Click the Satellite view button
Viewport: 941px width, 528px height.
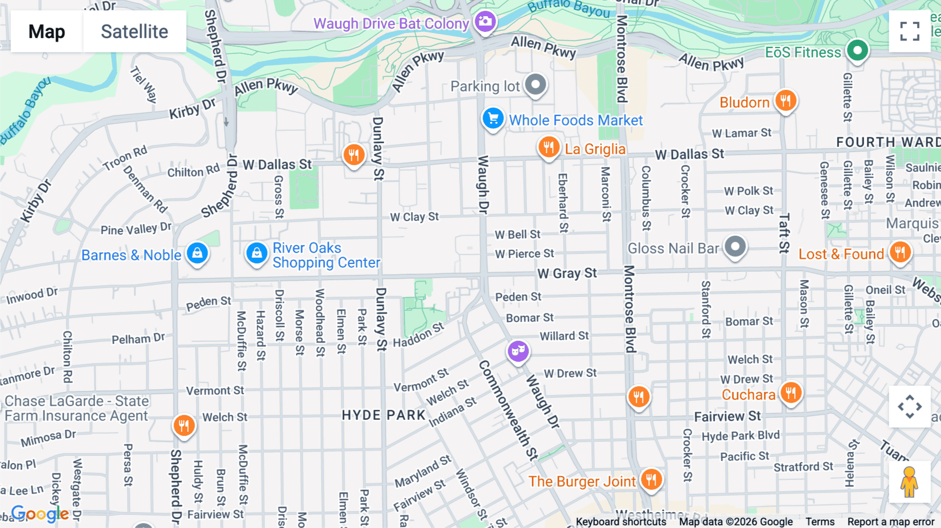(x=134, y=31)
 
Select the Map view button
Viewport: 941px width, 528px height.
(x=47, y=31)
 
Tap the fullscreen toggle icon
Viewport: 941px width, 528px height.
(x=910, y=31)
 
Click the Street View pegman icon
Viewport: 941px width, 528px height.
(x=909, y=482)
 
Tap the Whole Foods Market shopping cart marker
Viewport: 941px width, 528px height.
(x=492, y=119)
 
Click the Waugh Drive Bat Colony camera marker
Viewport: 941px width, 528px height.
(x=485, y=22)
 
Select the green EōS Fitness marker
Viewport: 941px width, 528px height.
(x=857, y=51)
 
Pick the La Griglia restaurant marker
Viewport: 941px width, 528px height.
(x=548, y=147)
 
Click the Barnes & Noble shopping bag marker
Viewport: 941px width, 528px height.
(x=197, y=254)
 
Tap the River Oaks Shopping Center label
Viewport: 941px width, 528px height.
(x=326, y=255)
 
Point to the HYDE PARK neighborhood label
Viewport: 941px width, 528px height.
(x=384, y=415)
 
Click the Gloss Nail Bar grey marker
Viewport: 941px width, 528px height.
(x=735, y=247)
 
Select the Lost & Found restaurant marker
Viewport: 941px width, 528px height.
(x=900, y=252)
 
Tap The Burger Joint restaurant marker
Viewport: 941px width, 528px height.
(x=651, y=479)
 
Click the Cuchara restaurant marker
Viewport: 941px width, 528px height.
(x=791, y=392)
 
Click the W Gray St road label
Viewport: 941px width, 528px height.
(x=567, y=273)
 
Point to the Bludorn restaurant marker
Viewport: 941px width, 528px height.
(x=785, y=100)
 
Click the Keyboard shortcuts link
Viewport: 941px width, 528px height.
(x=621, y=522)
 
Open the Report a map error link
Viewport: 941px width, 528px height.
(x=890, y=522)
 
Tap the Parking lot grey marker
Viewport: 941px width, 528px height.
(x=535, y=85)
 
